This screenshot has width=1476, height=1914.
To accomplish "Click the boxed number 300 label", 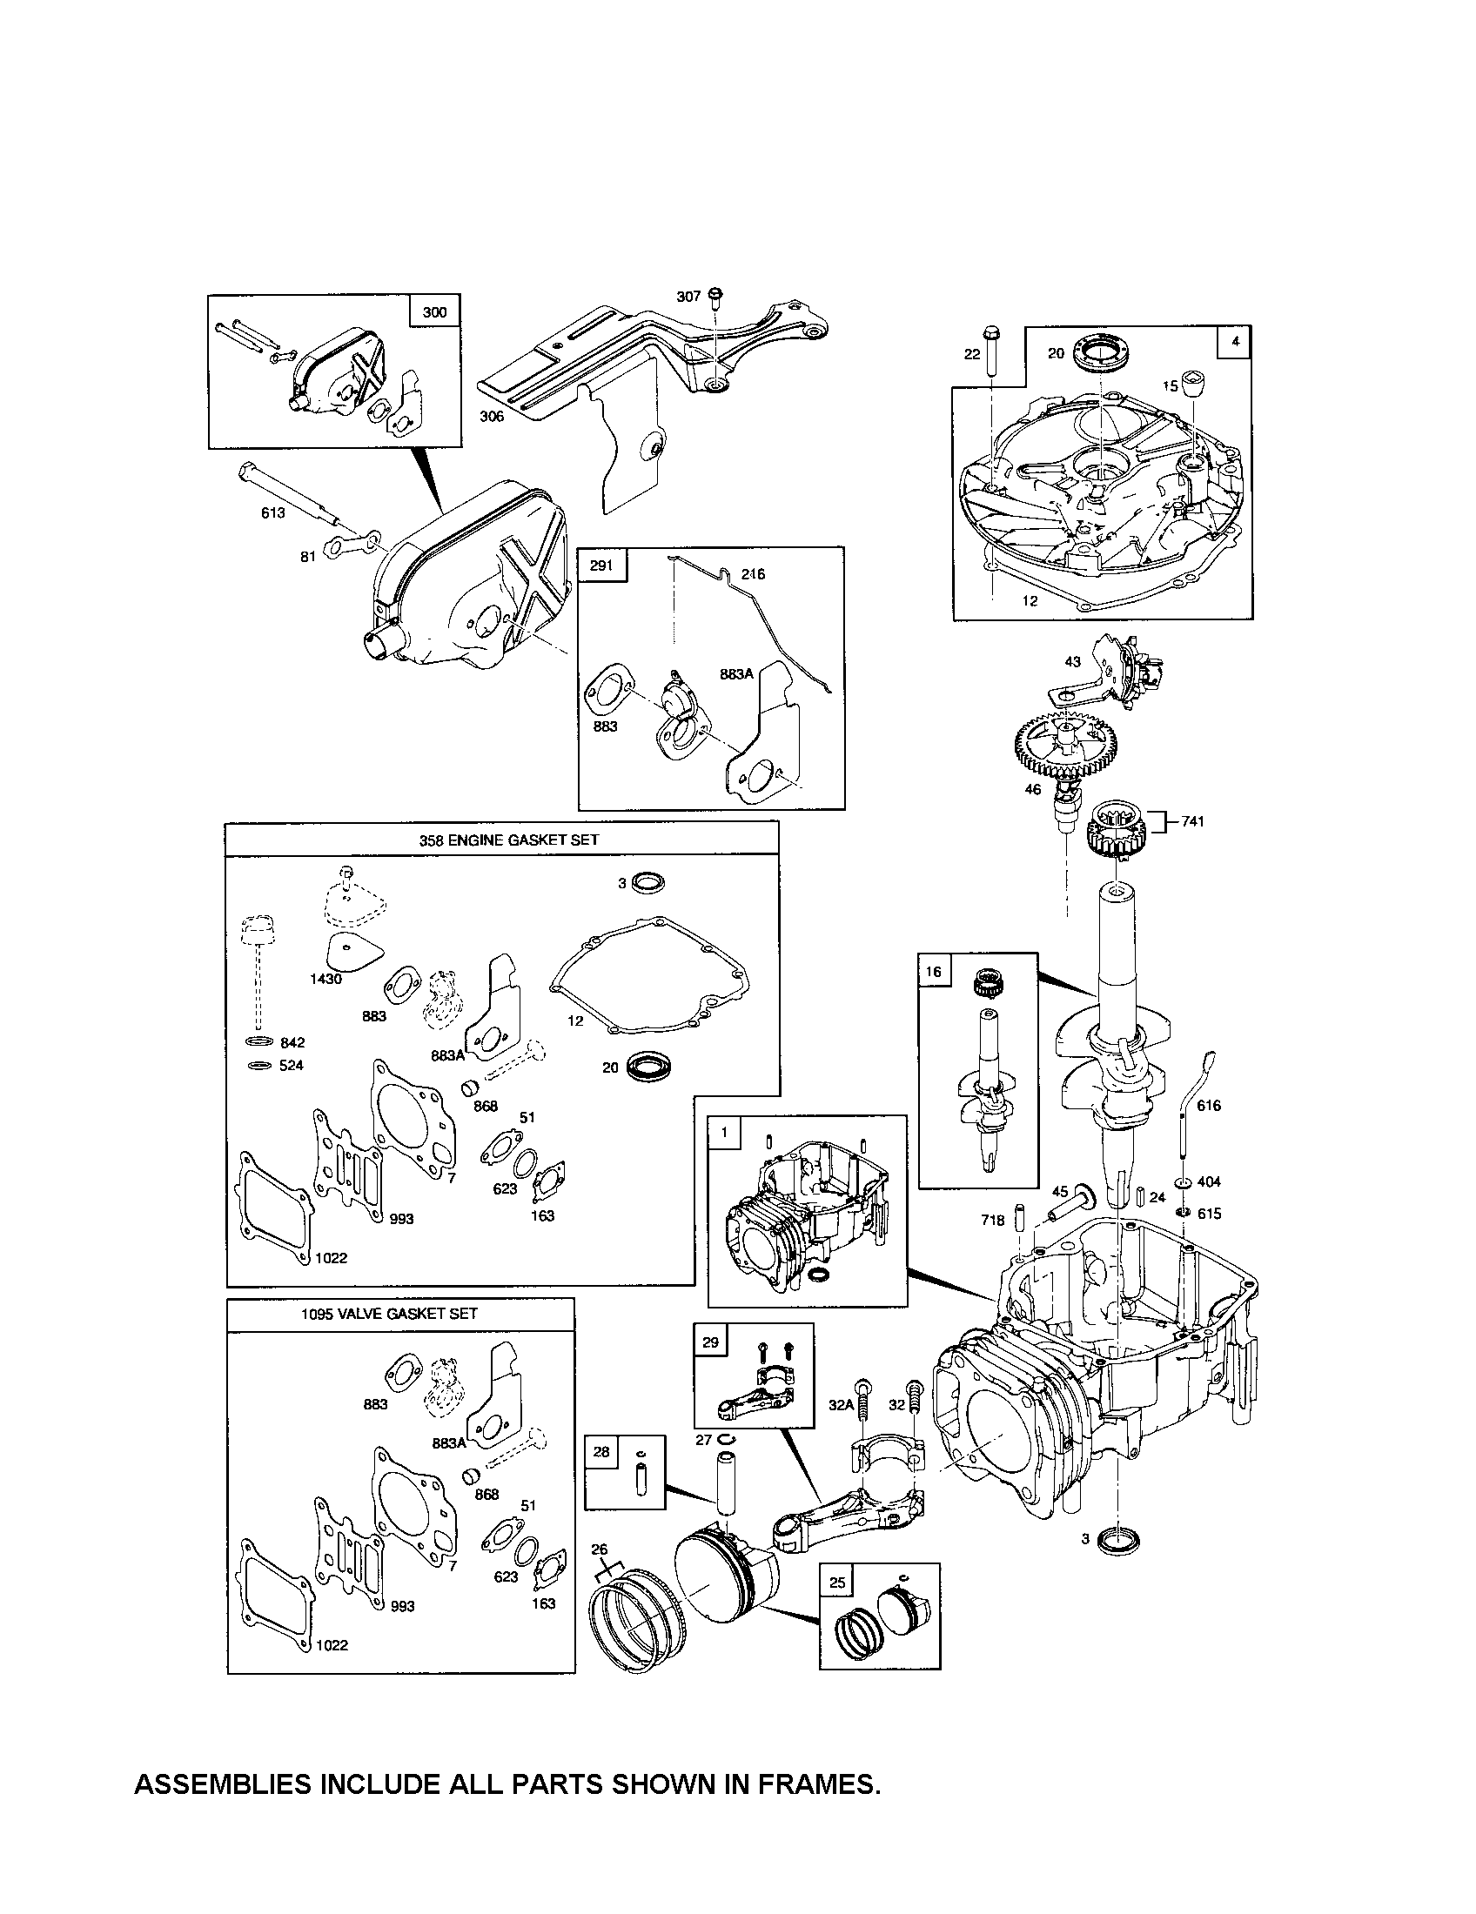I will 435,313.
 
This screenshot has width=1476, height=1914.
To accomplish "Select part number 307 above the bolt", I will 688,297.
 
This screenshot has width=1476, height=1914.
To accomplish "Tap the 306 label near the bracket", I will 492,416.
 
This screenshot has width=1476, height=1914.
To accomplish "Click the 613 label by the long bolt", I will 273,512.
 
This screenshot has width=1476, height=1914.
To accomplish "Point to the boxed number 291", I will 601,565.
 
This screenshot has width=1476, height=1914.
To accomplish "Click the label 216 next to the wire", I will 752,574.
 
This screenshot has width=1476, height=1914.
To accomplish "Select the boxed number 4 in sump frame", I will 1234,343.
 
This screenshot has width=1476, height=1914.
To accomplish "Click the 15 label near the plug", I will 1171,385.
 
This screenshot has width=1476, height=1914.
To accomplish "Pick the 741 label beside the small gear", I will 1192,821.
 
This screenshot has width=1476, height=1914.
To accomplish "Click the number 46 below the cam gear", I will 1034,790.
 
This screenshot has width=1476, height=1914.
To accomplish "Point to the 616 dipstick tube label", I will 1209,1105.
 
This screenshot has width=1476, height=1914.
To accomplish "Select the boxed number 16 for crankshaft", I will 934,971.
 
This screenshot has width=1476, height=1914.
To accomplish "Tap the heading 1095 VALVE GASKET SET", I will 389,1338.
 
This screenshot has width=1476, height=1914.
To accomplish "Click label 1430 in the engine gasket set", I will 326,979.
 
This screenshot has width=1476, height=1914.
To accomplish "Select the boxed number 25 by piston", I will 837,1582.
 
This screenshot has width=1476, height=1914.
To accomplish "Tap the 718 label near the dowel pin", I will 994,1219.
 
